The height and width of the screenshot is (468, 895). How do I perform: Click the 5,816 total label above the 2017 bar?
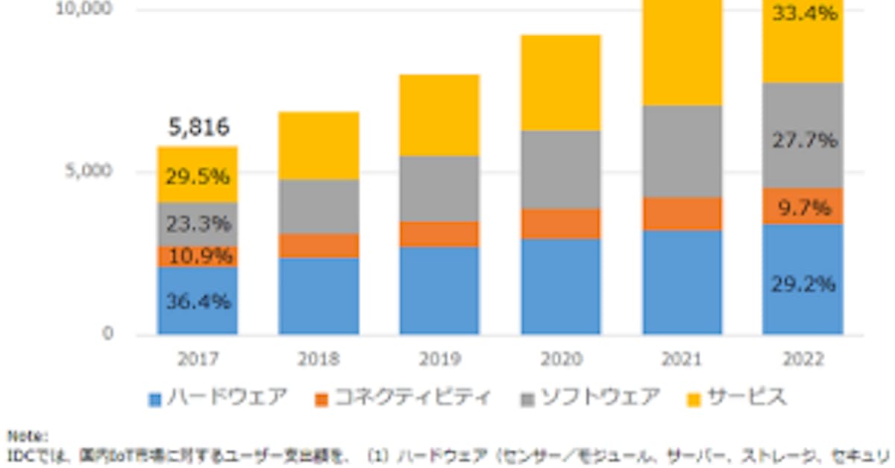click(198, 127)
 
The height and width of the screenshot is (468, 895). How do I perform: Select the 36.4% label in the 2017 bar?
click(198, 302)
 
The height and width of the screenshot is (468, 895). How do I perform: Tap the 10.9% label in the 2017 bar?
click(198, 256)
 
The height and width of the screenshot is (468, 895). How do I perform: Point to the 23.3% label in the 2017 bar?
click(198, 224)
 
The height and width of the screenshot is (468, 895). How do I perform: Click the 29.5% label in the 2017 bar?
click(198, 177)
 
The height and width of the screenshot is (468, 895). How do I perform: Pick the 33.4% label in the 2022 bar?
click(803, 13)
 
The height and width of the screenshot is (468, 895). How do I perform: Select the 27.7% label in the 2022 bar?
click(803, 139)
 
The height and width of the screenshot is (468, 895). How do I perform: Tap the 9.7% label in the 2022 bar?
click(803, 207)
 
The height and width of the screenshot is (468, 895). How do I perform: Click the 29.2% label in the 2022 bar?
click(803, 284)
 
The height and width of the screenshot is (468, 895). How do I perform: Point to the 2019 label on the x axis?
click(439, 359)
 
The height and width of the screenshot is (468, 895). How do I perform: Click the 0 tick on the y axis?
click(108, 334)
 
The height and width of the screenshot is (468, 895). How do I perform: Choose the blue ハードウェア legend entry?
click(217, 398)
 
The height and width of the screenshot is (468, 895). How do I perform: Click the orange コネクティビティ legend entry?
click(403, 398)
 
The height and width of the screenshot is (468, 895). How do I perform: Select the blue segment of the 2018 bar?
click(319, 296)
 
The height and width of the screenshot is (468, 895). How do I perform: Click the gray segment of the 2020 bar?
click(561, 169)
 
